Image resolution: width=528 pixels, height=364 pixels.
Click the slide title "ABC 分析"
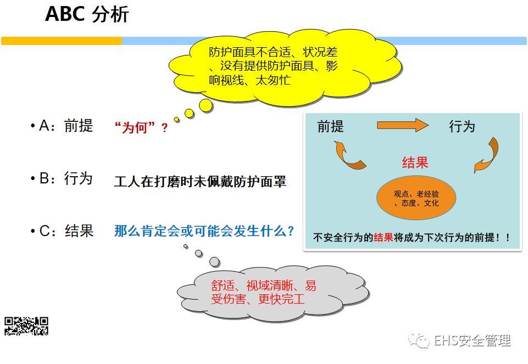click(x=87, y=15)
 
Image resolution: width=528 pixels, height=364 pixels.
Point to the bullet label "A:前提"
click(x=62, y=126)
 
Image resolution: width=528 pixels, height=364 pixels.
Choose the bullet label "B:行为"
click(x=62, y=178)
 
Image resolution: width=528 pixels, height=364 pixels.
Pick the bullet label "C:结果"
click(x=62, y=231)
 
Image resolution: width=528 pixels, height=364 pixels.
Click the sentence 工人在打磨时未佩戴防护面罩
click(x=200, y=182)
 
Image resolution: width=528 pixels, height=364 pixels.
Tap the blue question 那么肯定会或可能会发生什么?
click(x=204, y=231)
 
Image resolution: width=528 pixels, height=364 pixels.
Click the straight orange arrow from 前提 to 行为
click(x=402, y=125)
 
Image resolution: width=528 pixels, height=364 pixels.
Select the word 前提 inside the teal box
click(x=331, y=127)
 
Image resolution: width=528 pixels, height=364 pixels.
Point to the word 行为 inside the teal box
click(x=462, y=127)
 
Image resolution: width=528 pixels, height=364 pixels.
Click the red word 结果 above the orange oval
click(x=415, y=163)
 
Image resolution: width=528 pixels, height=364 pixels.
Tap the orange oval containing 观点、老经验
click(x=416, y=198)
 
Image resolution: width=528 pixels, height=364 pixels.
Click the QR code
click(x=26, y=326)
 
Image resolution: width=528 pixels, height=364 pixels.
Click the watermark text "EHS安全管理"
click(x=472, y=341)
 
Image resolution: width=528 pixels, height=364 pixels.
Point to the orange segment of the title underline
click(x=62, y=41)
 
